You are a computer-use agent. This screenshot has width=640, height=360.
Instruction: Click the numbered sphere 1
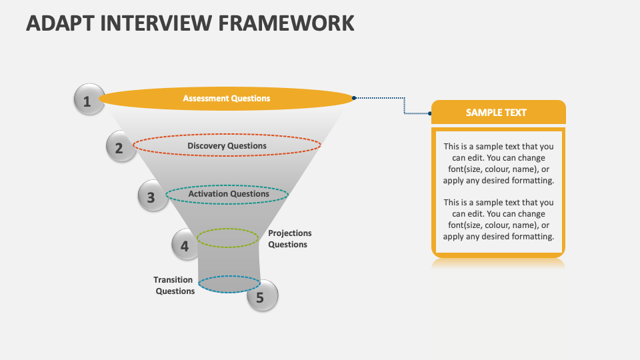[88, 101]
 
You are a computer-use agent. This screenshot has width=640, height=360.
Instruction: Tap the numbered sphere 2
[120, 147]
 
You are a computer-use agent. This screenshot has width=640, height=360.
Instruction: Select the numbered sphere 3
[152, 197]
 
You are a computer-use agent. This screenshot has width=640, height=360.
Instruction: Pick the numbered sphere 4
[185, 245]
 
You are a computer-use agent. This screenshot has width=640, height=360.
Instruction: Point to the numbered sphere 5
[261, 297]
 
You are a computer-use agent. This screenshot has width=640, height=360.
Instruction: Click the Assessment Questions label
[227, 99]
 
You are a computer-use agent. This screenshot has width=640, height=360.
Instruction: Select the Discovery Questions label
[227, 146]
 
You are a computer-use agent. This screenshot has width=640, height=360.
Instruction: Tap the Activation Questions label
[228, 194]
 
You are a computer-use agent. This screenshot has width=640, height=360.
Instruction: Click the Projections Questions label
[289, 239]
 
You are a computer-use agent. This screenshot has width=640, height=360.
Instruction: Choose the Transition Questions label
[175, 285]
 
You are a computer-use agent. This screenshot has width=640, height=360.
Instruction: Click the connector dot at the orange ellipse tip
[354, 98]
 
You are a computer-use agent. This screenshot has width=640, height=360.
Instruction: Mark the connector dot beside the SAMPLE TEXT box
[429, 113]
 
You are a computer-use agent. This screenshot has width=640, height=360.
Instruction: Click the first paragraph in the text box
[498, 163]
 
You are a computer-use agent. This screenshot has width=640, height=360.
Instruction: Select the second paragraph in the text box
[498, 219]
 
